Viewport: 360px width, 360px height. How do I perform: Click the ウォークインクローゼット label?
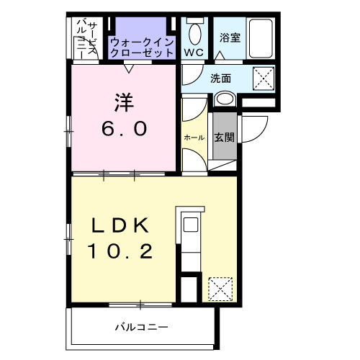click(x=142, y=48)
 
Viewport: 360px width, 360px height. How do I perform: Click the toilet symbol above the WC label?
click(x=194, y=32)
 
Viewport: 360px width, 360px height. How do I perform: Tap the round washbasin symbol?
click(x=224, y=100)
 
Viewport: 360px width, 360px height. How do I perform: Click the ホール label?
click(x=194, y=137)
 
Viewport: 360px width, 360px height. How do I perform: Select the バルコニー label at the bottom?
click(x=142, y=328)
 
